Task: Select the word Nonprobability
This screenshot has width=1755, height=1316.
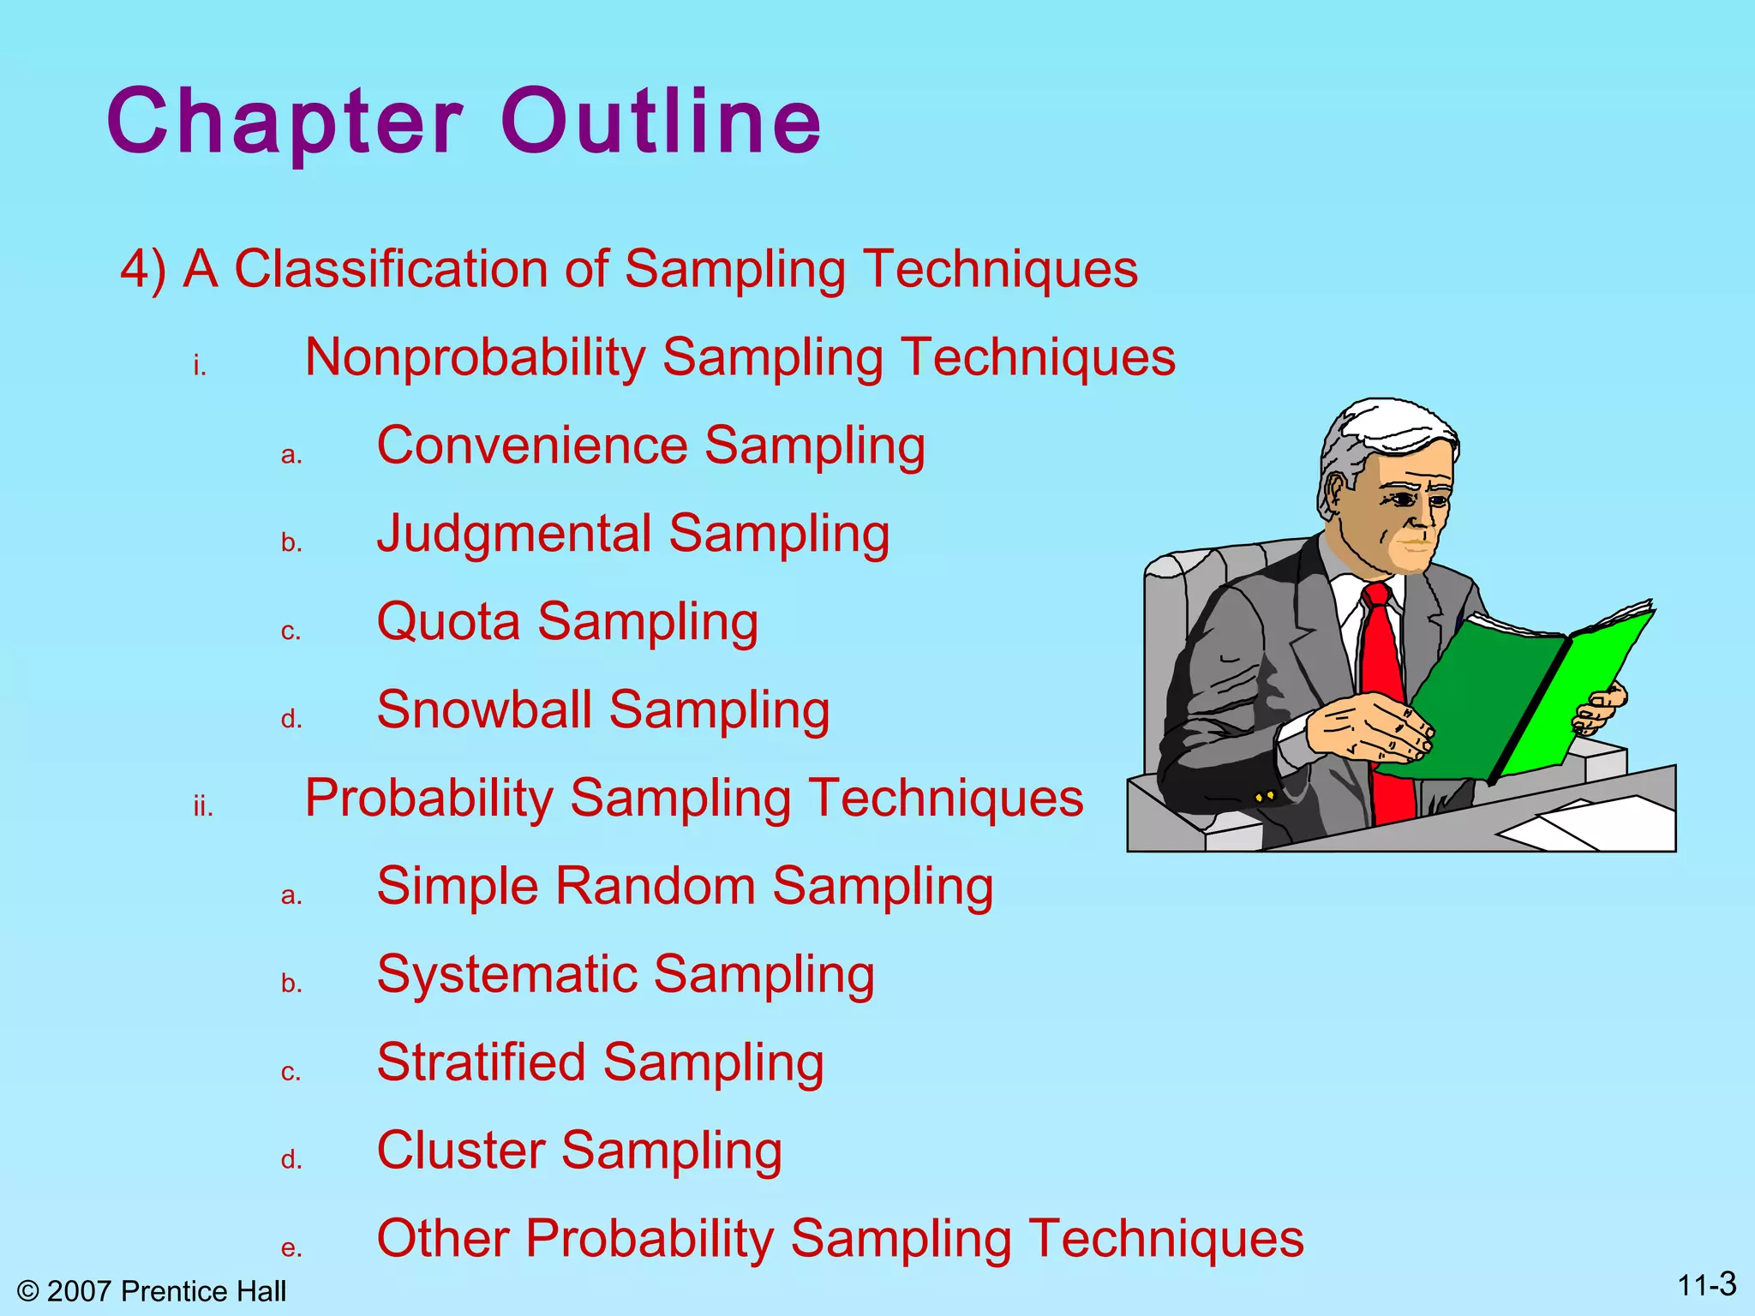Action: (x=476, y=358)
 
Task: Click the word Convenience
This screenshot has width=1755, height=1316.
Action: (x=532, y=446)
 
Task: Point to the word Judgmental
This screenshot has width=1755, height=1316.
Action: (x=514, y=535)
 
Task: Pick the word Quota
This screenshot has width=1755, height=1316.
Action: (x=448, y=623)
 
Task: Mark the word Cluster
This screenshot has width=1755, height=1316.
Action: (x=460, y=1151)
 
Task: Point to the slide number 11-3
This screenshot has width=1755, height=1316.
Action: (x=1706, y=1285)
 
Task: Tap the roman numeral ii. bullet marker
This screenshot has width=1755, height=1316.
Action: (x=203, y=807)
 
